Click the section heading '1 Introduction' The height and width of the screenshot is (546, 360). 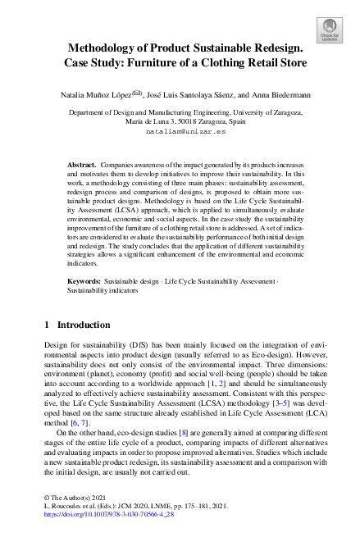pyautogui.click(x=80, y=325)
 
